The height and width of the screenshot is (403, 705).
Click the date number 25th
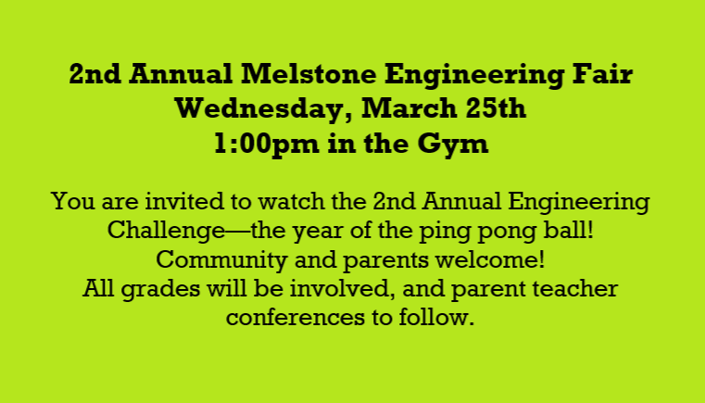493,109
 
